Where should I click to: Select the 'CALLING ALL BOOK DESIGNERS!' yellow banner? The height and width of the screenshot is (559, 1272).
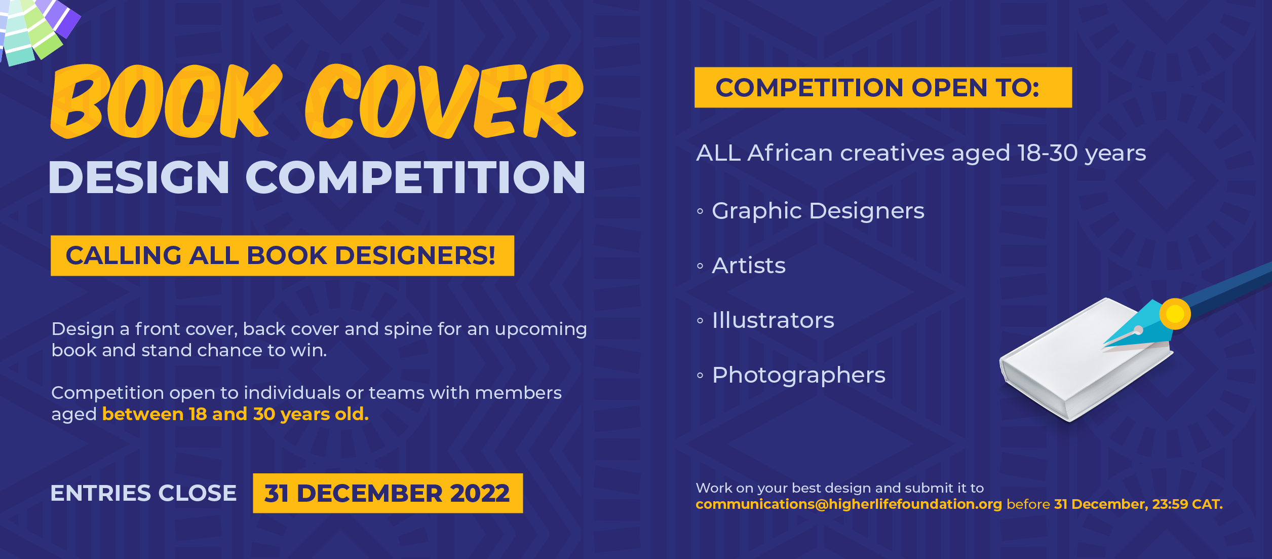282,255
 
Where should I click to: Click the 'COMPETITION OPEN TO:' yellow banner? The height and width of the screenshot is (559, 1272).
883,87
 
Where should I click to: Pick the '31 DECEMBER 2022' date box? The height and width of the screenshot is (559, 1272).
388,493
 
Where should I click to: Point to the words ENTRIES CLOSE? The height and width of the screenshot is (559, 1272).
143,493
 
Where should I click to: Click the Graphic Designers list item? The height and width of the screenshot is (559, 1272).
818,211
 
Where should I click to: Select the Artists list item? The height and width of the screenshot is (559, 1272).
749,266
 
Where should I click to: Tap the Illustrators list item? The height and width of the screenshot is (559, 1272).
773,320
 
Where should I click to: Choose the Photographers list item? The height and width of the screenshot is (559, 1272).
799,376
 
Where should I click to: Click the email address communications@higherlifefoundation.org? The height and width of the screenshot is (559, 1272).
849,504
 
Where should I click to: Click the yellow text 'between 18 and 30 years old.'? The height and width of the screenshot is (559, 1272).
236,415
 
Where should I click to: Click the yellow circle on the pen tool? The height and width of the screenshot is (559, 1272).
1175,314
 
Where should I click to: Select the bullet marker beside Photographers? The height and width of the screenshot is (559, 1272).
700,376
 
